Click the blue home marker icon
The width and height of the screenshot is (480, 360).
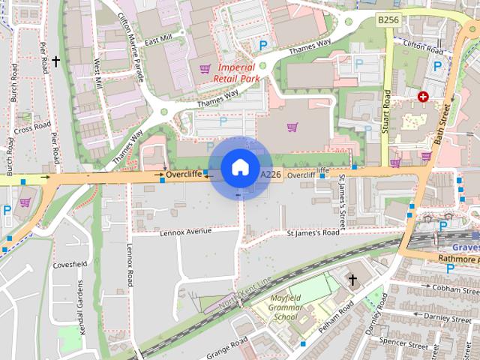click(x=238, y=166)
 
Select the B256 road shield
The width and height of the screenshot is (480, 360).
click(x=388, y=18)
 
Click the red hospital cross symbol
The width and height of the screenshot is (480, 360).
click(x=424, y=97)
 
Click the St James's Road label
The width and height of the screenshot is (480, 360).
click(x=313, y=232)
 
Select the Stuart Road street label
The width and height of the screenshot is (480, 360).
click(x=387, y=112)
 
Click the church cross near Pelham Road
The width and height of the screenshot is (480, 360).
click(x=352, y=280)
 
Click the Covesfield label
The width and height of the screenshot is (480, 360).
click(x=70, y=265)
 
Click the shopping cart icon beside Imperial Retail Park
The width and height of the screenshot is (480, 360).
click(x=205, y=70)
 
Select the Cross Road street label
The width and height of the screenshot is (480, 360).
click(x=31, y=129)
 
